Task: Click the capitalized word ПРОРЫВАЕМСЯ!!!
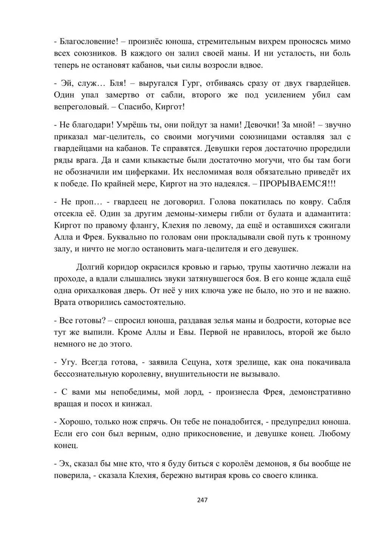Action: (x=297, y=184)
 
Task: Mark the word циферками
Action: (x=149, y=172)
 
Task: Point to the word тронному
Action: (x=331, y=237)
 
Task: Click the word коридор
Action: (x=121, y=267)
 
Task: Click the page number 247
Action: (x=203, y=500)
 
